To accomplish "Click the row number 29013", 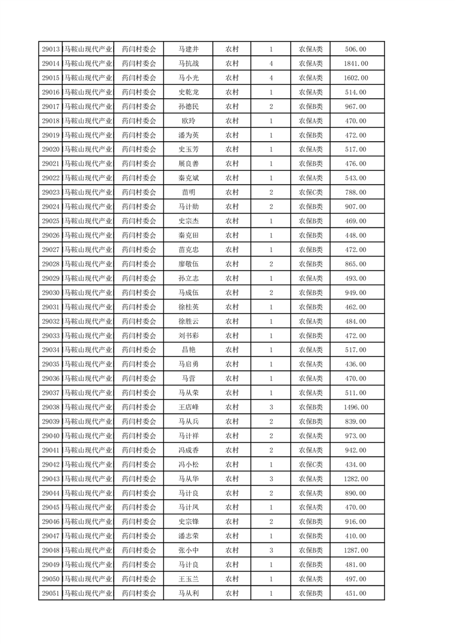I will click(x=51, y=49).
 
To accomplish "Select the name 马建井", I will click(x=189, y=49).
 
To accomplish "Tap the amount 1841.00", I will click(x=356, y=64).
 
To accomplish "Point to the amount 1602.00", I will click(x=356, y=78).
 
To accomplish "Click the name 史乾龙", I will click(x=189, y=92).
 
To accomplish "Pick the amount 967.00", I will click(x=356, y=107).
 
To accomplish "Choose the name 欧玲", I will click(x=189, y=121).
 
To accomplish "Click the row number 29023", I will click(x=51, y=192).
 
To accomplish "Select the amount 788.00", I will click(x=356, y=192).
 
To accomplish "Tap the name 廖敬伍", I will click(x=189, y=264).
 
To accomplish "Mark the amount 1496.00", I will click(x=356, y=408).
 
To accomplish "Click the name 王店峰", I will click(x=189, y=408).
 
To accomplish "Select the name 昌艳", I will click(x=189, y=350).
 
